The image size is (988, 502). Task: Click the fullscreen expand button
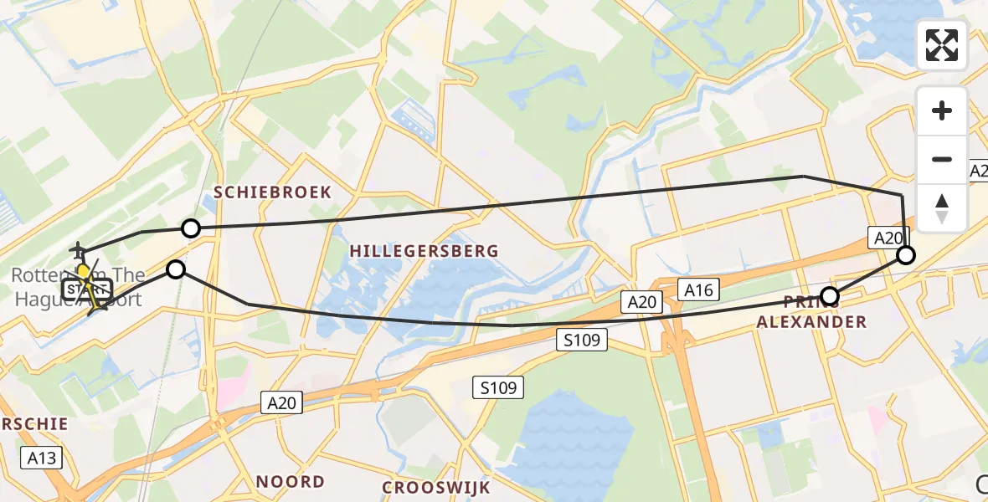[942, 45]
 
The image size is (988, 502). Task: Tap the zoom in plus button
[942, 110]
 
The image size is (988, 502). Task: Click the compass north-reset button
[942, 208]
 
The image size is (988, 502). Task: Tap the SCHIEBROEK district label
[272, 192]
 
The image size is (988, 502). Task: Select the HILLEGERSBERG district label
[424, 251]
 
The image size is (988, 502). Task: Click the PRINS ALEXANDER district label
[826, 312]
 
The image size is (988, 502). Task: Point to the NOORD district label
[290, 482]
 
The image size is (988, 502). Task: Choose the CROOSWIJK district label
[435, 487]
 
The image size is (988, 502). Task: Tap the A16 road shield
[697, 289]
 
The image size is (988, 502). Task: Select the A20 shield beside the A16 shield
[641, 301]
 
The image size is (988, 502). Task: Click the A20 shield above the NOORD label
[282, 403]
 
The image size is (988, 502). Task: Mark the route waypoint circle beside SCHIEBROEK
[191, 228]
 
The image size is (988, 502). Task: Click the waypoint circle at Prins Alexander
[830, 295]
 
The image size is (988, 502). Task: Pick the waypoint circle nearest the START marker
[176, 269]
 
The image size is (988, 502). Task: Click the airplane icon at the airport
[79, 249]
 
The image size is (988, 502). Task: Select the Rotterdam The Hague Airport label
[77, 286]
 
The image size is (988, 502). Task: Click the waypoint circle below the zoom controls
[905, 255]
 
